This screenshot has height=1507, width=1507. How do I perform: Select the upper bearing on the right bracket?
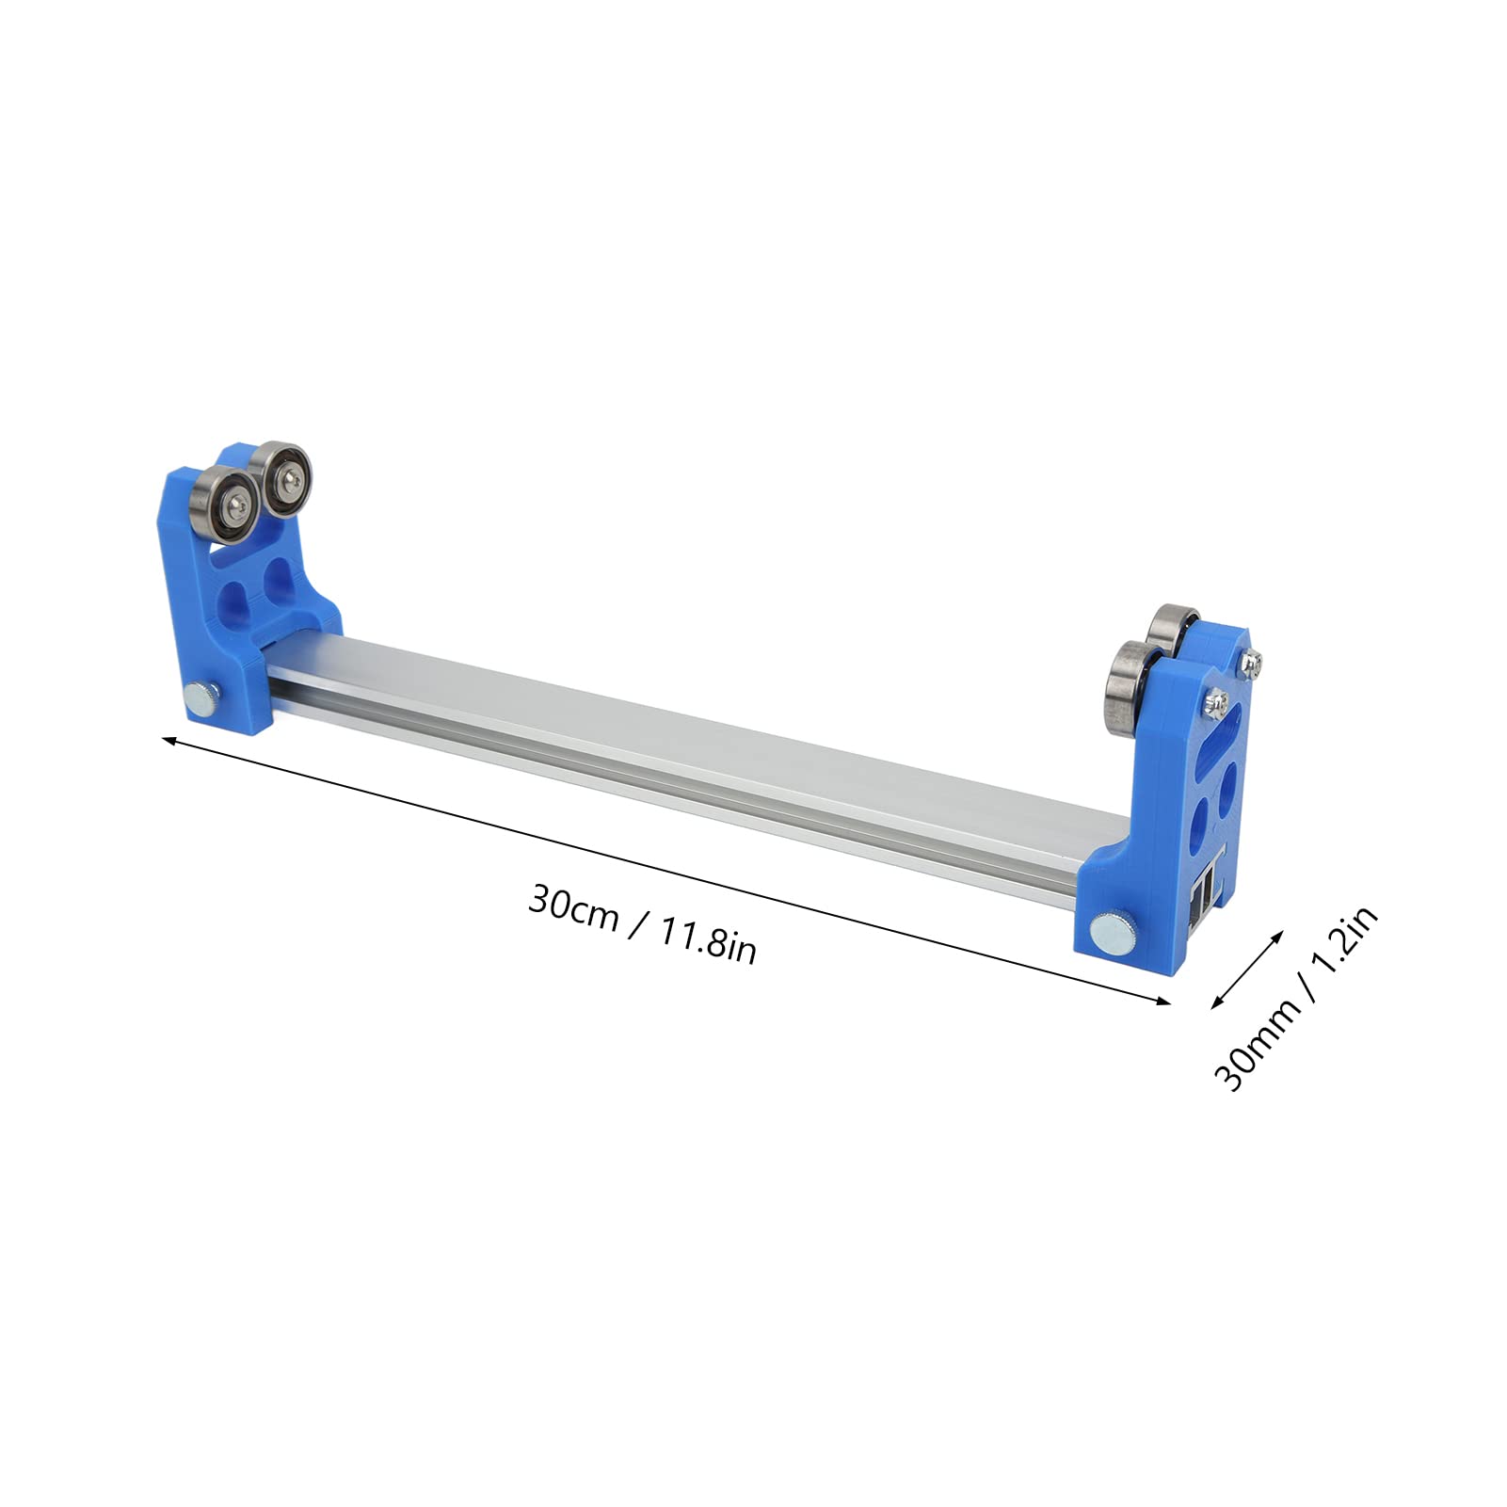point(1172,636)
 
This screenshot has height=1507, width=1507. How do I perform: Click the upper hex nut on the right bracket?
point(1252,664)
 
